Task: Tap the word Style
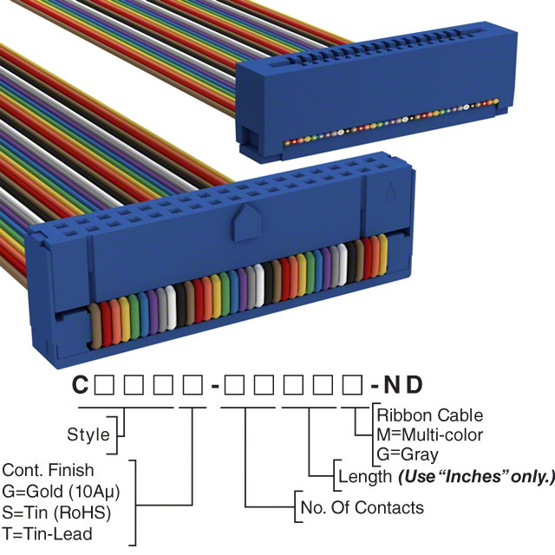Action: coord(88,434)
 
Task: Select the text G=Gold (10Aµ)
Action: coord(60,491)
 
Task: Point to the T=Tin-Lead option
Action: coord(47,533)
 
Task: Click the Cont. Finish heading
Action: coord(49,471)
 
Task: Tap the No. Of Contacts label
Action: coord(361,507)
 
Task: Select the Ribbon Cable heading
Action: coord(430,415)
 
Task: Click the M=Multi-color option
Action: coord(430,434)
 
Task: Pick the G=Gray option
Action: coord(408,454)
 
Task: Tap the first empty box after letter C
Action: coord(102,384)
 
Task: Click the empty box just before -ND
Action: coord(354,384)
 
